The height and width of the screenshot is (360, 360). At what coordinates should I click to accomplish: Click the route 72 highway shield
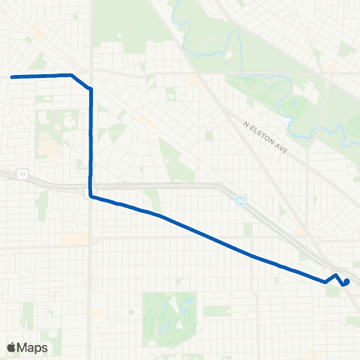tap(24, 174)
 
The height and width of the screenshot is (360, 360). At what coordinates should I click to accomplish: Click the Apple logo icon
tap(13, 347)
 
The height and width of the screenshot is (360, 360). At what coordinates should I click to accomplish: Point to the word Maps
tap(34, 347)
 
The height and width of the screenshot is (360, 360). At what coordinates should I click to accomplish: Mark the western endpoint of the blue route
tap(12, 76)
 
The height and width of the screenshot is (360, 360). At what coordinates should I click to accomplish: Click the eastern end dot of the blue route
tap(346, 282)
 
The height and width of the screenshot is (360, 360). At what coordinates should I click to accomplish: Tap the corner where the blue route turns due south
tap(90, 89)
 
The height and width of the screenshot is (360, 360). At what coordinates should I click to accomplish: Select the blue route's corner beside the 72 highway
tap(91, 196)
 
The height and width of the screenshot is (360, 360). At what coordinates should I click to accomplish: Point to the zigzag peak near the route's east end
tap(334, 275)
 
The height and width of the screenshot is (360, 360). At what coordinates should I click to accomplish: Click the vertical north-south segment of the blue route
tap(91, 142)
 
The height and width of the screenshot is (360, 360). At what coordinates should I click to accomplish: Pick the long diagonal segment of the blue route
tap(210, 236)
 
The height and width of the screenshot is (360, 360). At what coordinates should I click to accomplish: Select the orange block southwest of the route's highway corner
tap(75, 238)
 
